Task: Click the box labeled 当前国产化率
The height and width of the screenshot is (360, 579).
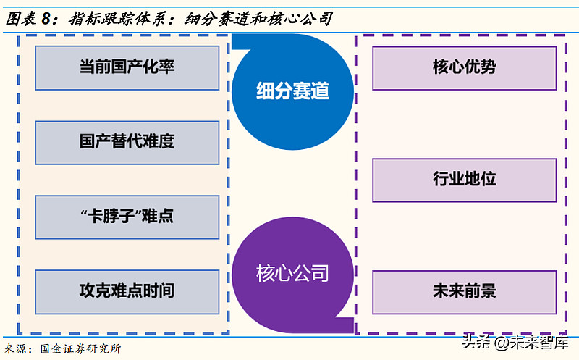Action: (127, 68)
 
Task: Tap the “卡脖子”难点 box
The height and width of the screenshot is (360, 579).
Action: (127, 217)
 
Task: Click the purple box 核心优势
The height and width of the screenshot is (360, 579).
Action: (464, 68)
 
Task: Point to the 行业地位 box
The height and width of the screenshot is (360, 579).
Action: (464, 180)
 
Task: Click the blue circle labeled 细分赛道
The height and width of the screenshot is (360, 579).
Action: (292, 91)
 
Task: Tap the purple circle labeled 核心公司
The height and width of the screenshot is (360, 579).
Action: (292, 273)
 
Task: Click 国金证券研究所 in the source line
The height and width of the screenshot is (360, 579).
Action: (80, 348)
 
